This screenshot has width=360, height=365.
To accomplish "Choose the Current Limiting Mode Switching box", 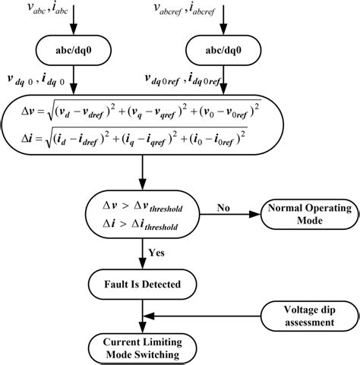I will point(143,347).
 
